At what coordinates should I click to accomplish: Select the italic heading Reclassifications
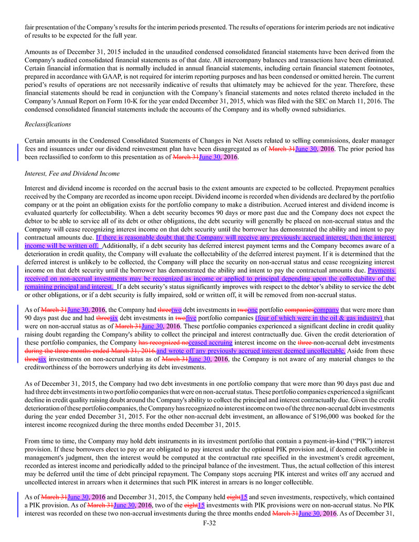point(48,124)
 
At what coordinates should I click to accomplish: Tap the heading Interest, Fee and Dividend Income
point(72,173)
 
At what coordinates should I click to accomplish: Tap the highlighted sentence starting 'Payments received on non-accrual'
point(210,279)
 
